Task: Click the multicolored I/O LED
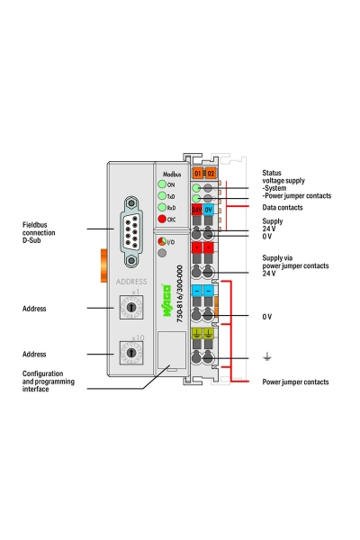162,242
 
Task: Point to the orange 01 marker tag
197,172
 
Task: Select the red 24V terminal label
197,209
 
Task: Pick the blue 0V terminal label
209,209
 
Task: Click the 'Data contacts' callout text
283,207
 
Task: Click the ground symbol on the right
265,357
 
